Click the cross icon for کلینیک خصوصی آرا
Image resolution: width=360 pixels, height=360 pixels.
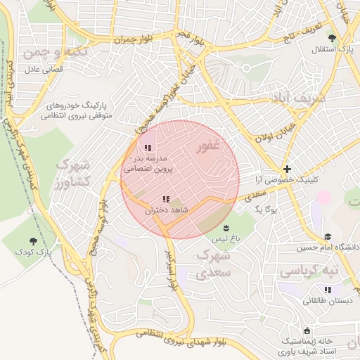286,169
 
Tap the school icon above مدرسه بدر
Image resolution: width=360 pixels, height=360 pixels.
148,148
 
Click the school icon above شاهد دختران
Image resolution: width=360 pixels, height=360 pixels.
166,200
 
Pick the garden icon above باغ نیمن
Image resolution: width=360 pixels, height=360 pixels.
226,227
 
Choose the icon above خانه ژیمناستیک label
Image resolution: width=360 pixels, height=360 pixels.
306,330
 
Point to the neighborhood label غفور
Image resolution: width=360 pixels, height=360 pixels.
209,146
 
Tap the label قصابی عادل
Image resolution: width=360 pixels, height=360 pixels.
45,69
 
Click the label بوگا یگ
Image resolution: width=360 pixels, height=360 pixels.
267,210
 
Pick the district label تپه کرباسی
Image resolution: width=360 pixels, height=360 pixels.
309,271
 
